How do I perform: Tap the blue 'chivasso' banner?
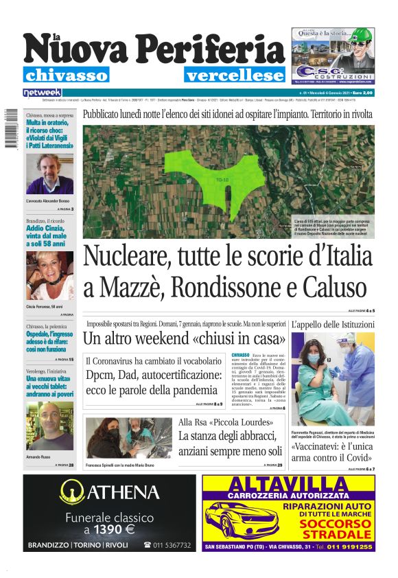pos(66,76)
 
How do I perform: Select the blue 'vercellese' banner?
pos(234,76)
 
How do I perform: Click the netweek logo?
pos(42,92)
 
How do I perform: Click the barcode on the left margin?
pos(10,130)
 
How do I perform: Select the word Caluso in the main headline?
pos(329,286)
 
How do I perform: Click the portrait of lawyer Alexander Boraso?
pos(49,175)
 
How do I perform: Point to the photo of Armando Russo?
pos(49,426)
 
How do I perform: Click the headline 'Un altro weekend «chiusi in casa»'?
pos(184,338)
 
